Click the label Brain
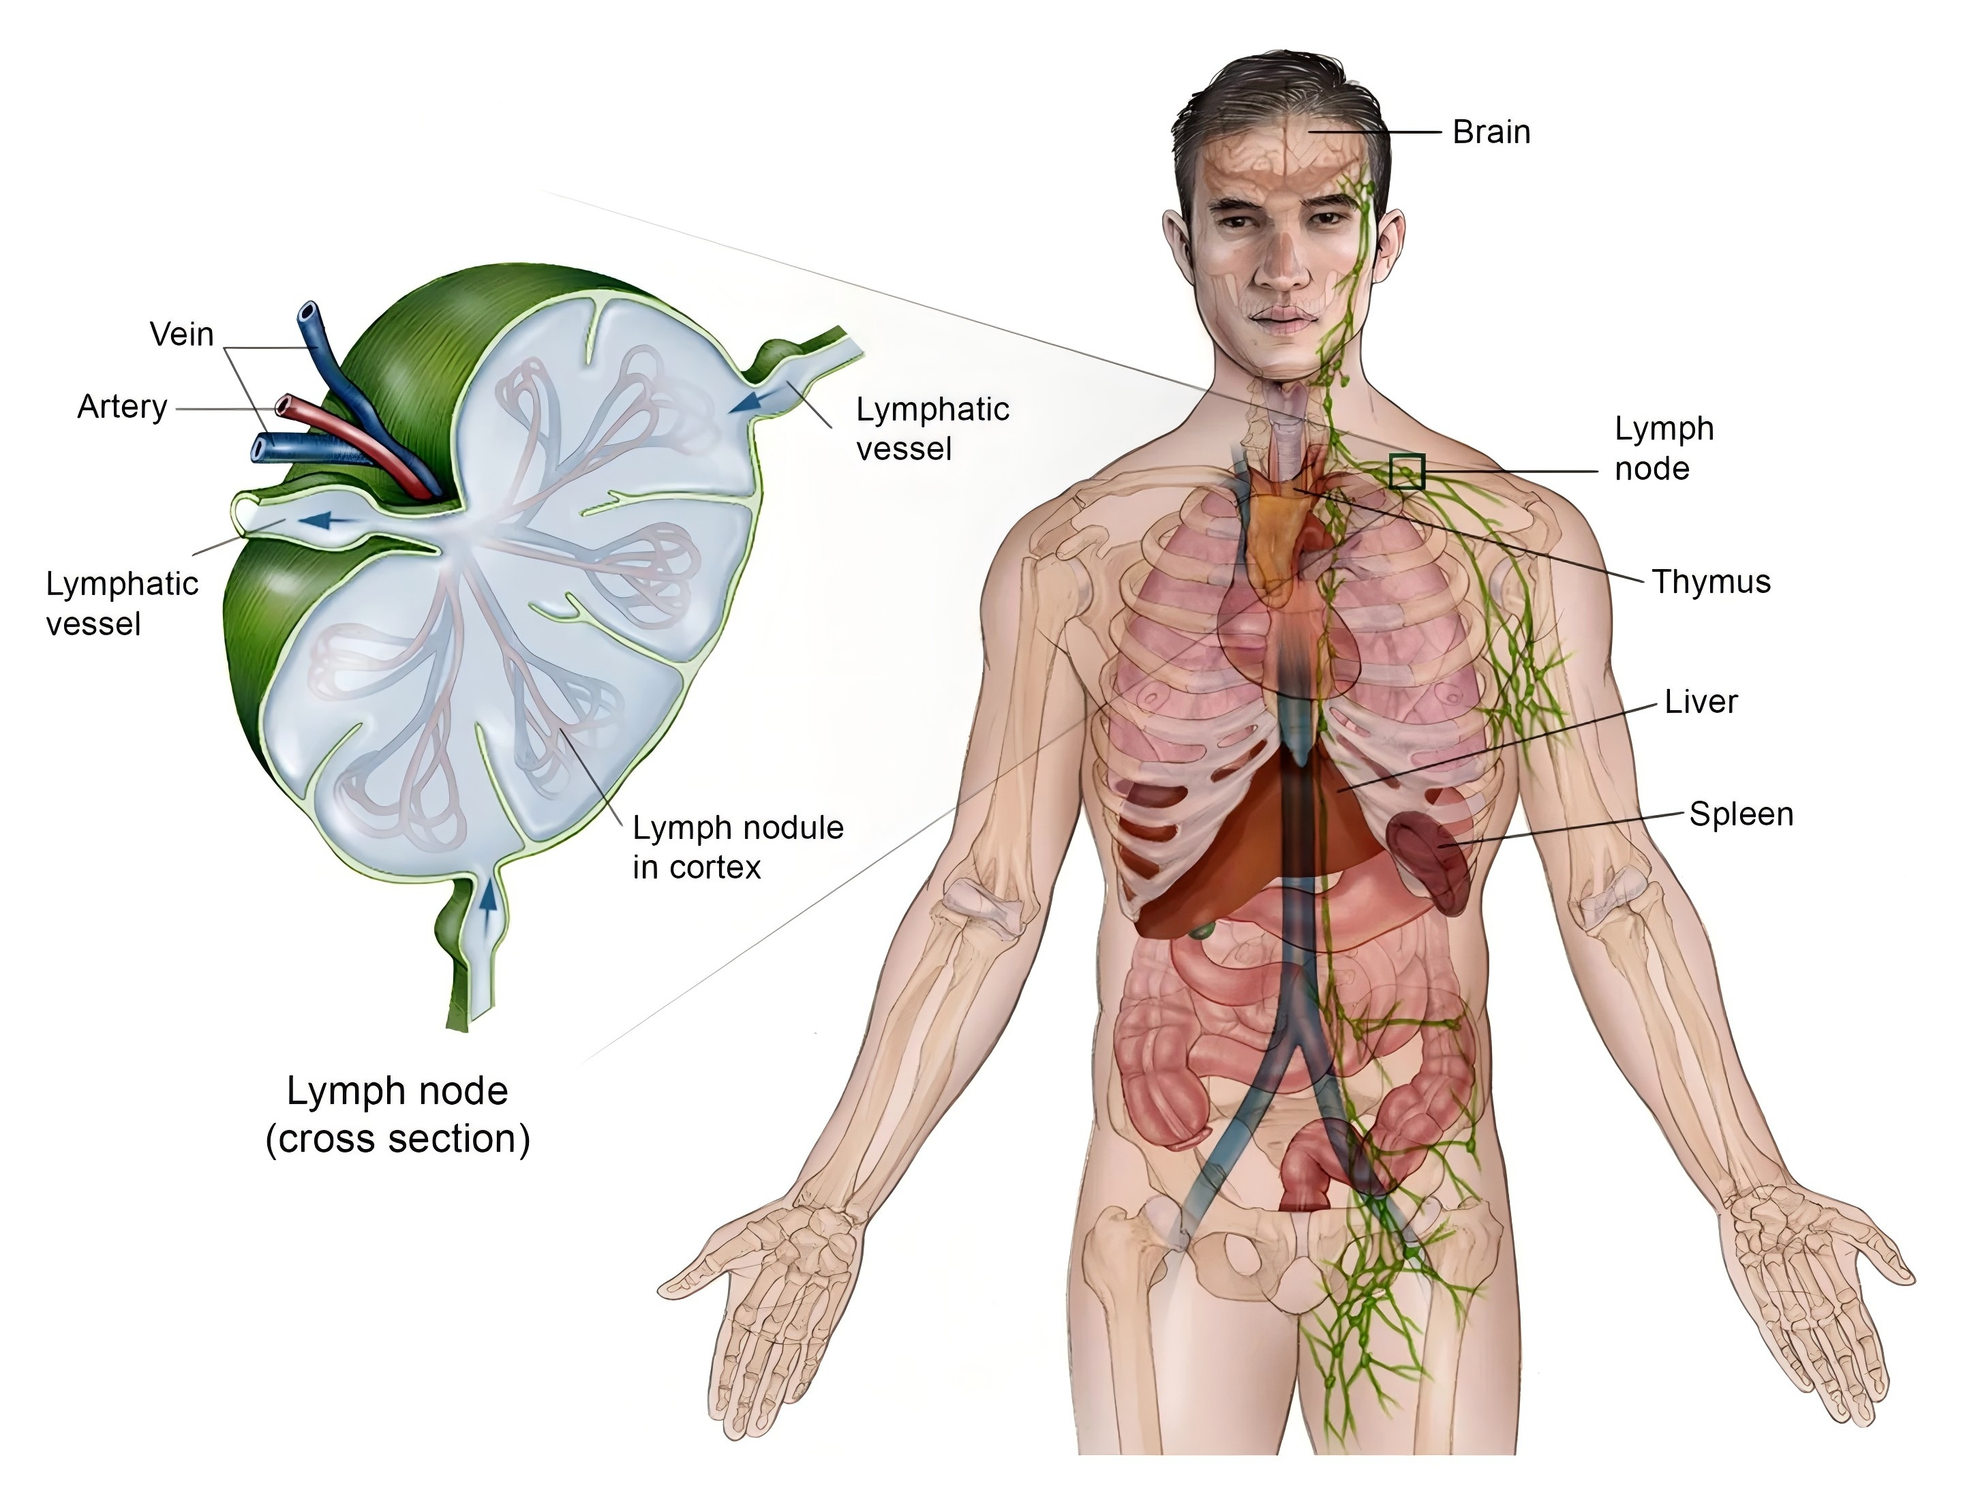pos(1491,132)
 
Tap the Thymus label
pos(1711,581)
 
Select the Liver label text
pos(1701,702)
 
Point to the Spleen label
pos(1741,814)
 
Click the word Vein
pos(182,335)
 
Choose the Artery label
pos(122,407)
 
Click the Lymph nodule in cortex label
pos(737,847)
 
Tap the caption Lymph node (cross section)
pos(398,1114)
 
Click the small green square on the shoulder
pos(1406,472)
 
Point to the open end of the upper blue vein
pos(307,314)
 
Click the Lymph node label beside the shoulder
pos(1663,448)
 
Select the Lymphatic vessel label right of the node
pos(932,429)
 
